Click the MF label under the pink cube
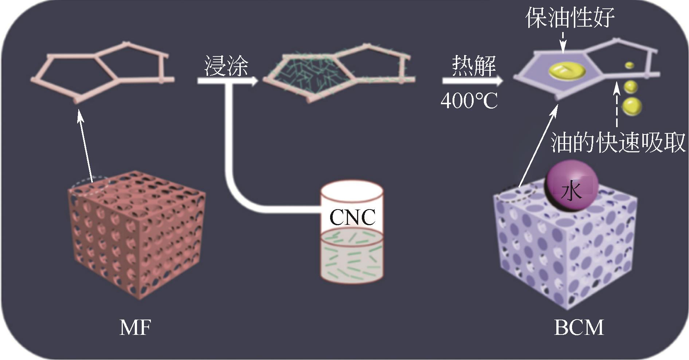coord(135,328)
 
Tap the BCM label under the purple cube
coord(579,328)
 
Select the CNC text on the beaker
coord(352,218)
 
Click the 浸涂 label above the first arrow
coord(226,66)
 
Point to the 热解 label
coord(474,66)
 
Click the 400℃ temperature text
coord(469,101)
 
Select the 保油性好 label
coord(570,17)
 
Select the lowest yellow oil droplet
coord(631,106)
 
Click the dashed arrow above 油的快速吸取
coord(616,106)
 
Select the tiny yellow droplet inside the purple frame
coord(630,65)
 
